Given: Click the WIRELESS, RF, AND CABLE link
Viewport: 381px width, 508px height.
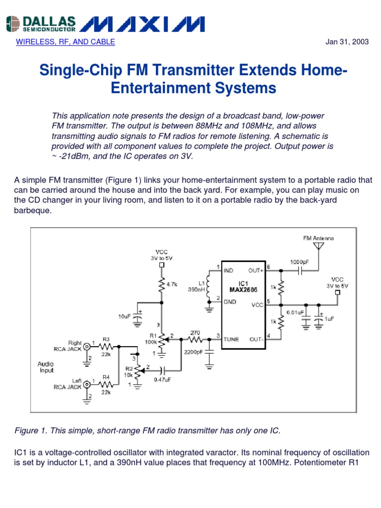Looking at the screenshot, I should [65, 42].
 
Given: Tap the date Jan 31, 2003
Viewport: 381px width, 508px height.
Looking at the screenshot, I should [347, 42].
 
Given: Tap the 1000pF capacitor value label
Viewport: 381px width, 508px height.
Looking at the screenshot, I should [299, 261].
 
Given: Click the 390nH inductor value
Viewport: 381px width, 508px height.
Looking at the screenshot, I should [197, 289].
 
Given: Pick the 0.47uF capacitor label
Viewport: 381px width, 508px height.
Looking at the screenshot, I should [162, 380].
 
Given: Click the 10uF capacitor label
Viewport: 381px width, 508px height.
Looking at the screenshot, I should [124, 316].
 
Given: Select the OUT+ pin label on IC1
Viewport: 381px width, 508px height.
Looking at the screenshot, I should [256, 270].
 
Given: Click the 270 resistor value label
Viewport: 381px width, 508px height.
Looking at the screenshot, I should [195, 333].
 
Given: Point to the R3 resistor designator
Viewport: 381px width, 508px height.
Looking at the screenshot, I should [106, 339].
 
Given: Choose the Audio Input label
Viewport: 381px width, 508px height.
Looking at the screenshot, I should [46, 367].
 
